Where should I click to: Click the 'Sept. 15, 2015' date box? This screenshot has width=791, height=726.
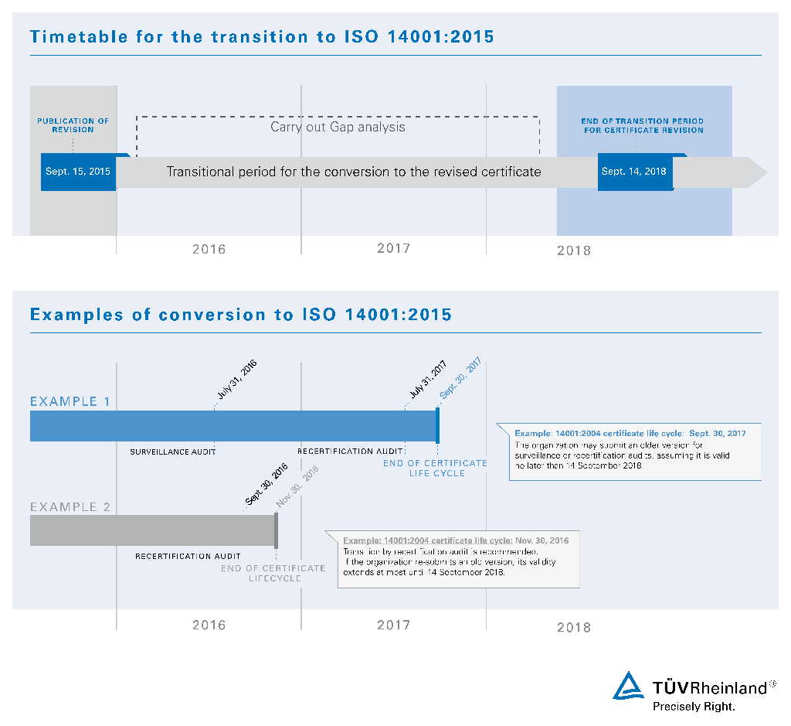(78, 172)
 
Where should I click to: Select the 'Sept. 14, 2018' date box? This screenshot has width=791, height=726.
(634, 172)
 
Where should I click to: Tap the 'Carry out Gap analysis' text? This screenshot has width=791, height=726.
(338, 127)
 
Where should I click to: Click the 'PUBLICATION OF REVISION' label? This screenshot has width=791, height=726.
(73, 125)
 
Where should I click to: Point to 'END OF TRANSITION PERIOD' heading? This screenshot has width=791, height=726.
(643, 121)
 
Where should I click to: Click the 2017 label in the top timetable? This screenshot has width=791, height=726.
(393, 248)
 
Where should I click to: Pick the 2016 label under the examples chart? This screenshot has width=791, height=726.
(209, 625)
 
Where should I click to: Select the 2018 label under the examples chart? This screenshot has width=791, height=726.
(574, 627)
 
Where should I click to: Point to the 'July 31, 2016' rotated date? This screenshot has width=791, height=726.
(236, 379)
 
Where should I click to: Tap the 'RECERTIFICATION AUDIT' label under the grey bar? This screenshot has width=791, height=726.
(188, 556)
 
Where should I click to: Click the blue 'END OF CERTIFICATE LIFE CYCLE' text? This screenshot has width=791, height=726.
(436, 468)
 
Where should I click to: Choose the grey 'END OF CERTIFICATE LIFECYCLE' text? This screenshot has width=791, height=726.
(273, 573)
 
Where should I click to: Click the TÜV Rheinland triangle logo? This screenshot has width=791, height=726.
(629, 686)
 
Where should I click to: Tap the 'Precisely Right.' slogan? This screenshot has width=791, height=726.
(694, 706)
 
